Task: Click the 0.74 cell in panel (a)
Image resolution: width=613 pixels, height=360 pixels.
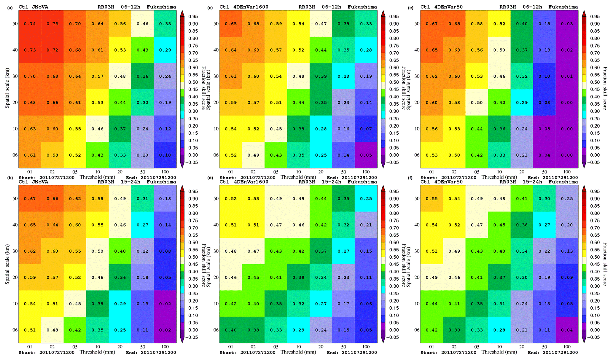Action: [30, 24]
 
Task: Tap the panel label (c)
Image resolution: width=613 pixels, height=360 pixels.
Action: [210, 8]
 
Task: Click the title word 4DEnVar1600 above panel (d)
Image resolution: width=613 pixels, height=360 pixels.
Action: [253, 182]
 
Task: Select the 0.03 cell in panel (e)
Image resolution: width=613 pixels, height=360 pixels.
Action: [567, 24]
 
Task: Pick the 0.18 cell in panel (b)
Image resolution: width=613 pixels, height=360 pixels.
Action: [165, 199]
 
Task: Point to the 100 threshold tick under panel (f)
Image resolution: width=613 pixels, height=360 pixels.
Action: [567, 347]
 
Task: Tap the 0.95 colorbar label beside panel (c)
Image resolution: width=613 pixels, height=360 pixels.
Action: [394, 17]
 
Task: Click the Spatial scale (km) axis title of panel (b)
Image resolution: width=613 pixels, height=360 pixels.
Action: [7, 264]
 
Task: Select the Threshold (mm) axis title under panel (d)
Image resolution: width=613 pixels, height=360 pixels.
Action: [298, 352]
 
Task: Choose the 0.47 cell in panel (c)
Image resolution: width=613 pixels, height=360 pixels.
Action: [321, 24]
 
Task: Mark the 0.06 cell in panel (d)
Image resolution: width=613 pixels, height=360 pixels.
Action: [366, 304]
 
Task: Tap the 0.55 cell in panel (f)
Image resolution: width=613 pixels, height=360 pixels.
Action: [432, 199]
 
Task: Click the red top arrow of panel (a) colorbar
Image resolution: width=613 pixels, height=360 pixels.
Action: [182, 13]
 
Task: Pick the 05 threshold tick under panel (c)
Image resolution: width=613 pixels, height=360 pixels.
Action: [276, 172]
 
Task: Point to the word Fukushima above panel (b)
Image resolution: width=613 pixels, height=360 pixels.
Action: [161, 182]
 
